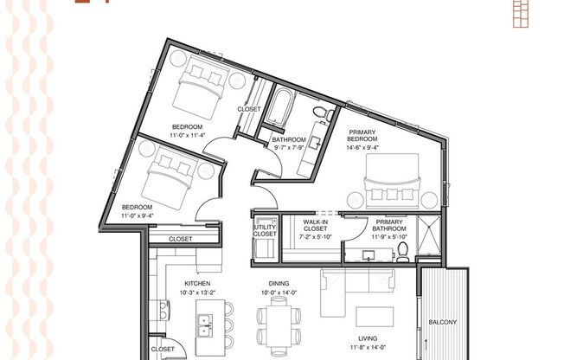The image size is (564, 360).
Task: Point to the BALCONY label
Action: point(442,322)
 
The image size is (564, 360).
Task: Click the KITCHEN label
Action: point(197,283)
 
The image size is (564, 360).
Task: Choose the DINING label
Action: point(278,283)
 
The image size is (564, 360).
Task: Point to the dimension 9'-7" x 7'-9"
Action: point(289,147)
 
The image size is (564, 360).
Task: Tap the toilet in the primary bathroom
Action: point(402,252)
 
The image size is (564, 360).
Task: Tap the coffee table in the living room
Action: point(375,316)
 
